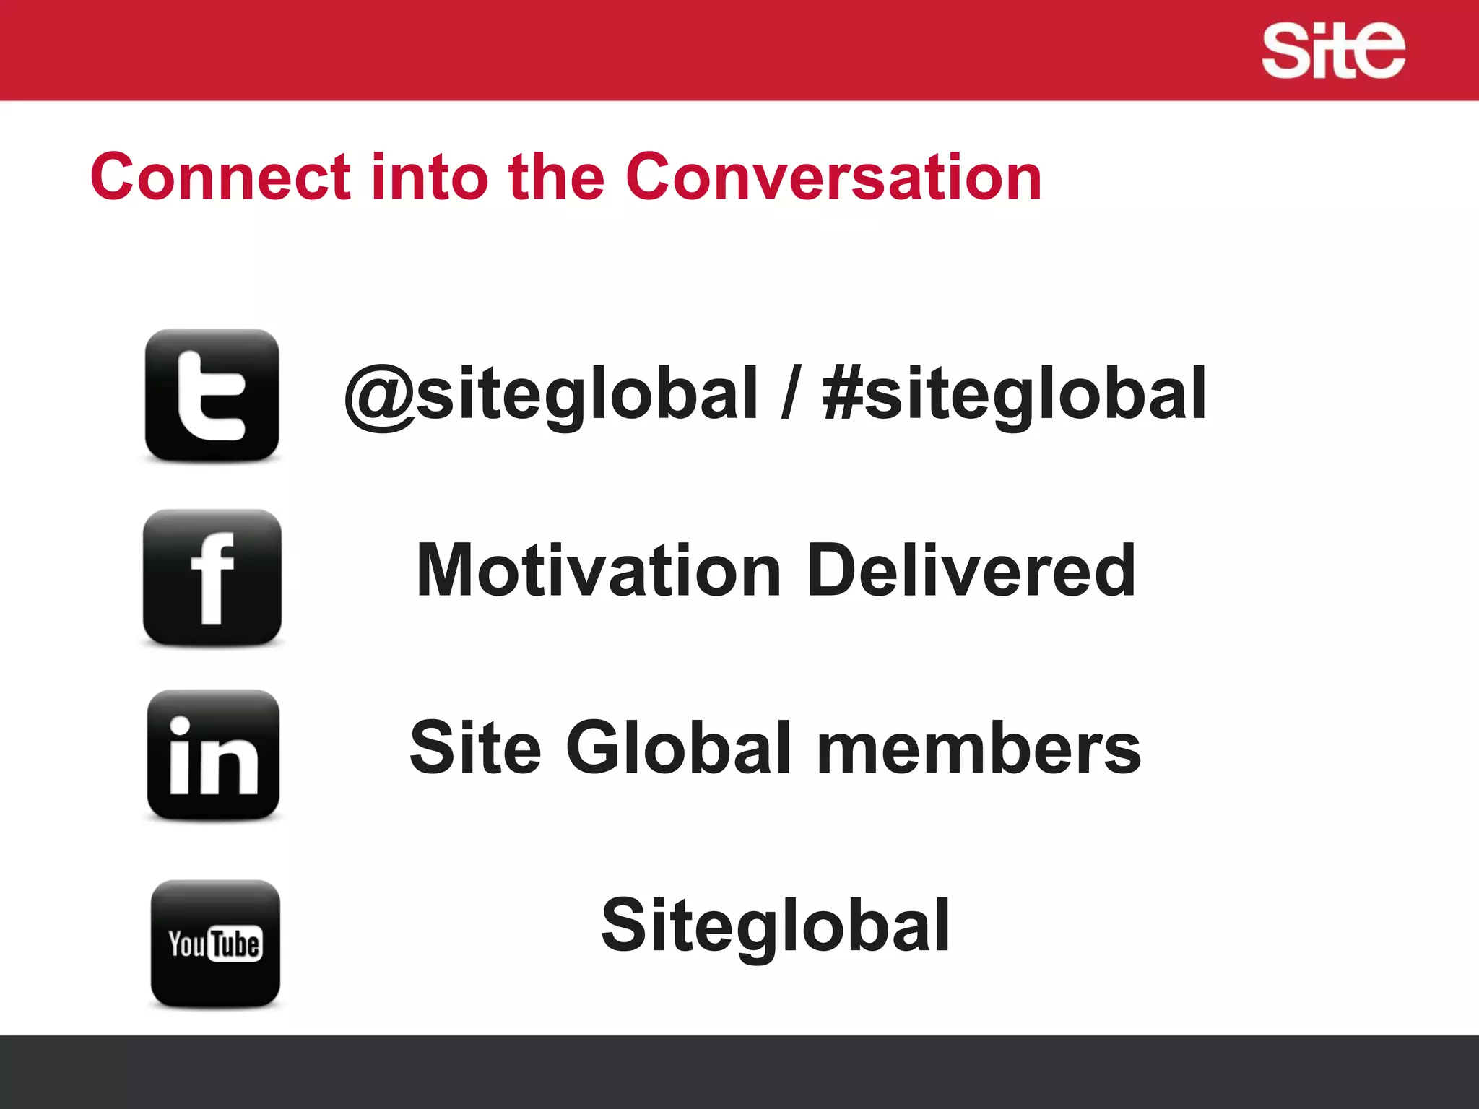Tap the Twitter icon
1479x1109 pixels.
click(x=212, y=396)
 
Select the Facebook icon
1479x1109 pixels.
click(x=212, y=578)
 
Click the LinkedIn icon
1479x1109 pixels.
click(x=213, y=755)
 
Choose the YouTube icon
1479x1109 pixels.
click(x=215, y=944)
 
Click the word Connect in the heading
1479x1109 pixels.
click(x=221, y=177)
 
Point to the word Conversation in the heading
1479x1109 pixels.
click(x=833, y=177)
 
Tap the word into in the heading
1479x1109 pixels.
click(x=429, y=177)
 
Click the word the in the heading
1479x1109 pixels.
click(x=556, y=177)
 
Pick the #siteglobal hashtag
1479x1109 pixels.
click(x=1014, y=394)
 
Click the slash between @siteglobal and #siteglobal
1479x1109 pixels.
click(x=791, y=394)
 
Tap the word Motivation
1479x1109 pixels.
click(x=599, y=570)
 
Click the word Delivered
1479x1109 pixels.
click(x=971, y=570)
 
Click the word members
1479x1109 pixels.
click(x=979, y=749)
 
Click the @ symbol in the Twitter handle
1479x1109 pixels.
click(x=378, y=396)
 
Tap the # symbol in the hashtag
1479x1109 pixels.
click(x=842, y=393)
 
